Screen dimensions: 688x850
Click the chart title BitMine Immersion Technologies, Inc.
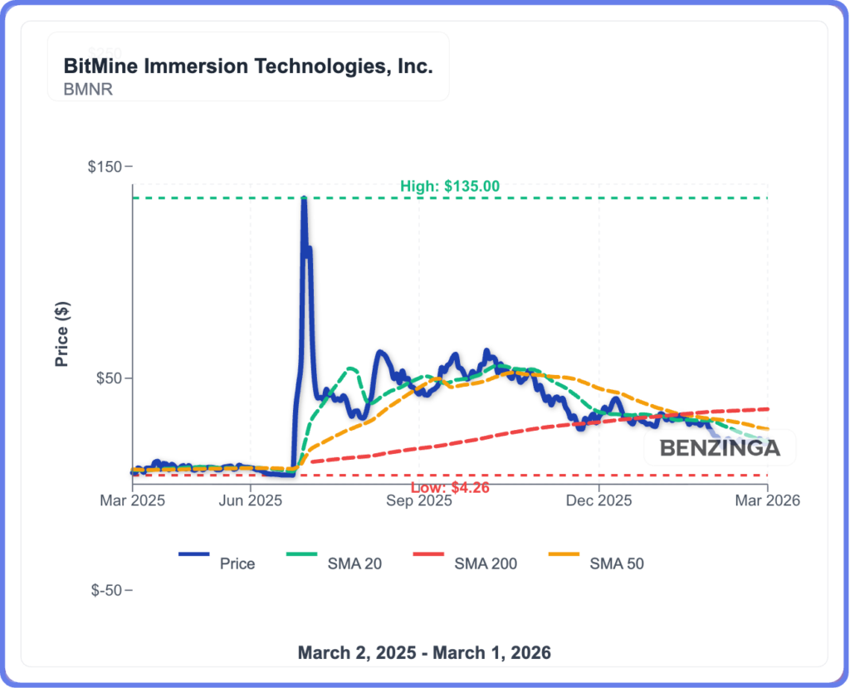click(x=248, y=66)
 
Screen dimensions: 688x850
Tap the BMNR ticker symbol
click(x=88, y=89)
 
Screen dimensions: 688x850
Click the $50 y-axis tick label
click(x=109, y=378)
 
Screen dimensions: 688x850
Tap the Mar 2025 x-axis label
click(x=133, y=500)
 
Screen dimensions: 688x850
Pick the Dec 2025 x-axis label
click(x=598, y=500)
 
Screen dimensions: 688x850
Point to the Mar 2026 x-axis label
click(x=767, y=500)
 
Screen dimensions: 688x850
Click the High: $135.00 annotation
click(x=449, y=187)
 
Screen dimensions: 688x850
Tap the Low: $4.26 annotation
click(x=449, y=487)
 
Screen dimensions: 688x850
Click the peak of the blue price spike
click(x=304, y=200)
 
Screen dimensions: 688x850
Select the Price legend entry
click(x=237, y=564)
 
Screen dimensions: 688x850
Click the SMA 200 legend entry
click(x=486, y=564)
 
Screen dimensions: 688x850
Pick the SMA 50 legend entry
click(x=616, y=564)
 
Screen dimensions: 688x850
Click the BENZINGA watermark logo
click(x=720, y=448)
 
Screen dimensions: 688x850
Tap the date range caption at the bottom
click(x=424, y=652)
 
